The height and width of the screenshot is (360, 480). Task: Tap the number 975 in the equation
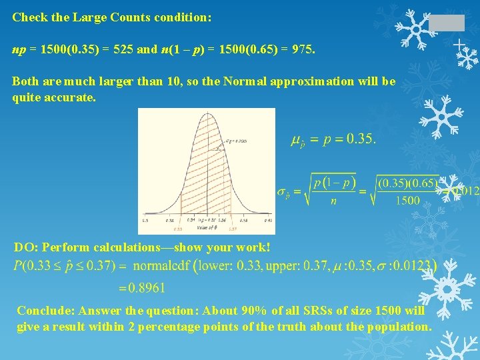[x=303, y=50]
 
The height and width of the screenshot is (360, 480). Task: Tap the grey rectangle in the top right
[x=446, y=23]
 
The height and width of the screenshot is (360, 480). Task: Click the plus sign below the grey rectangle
[x=459, y=45]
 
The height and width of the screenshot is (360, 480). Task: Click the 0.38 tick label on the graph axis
[x=244, y=219]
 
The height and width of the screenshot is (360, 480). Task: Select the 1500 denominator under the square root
[x=407, y=200]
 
